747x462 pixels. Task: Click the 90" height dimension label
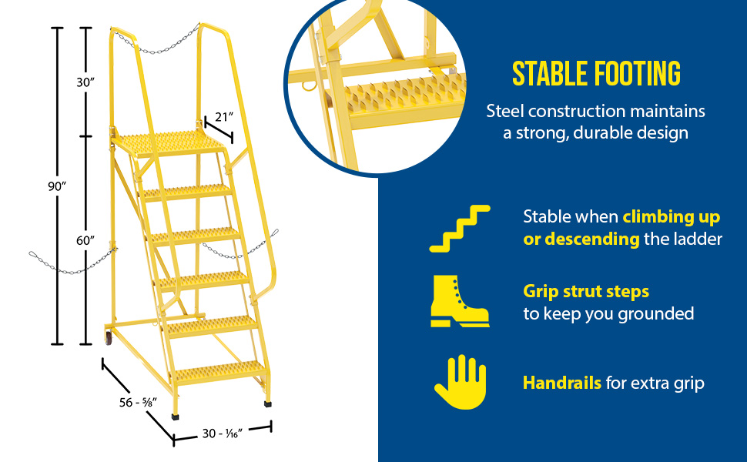(x=57, y=186)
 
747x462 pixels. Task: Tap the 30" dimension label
(x=85, y=82)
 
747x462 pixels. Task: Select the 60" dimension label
(x=85, y=240)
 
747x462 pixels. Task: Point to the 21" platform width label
(x=224, y=117)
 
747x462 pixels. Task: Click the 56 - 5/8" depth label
(x=138, y=403)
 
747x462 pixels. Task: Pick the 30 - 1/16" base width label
(x=223, y=434)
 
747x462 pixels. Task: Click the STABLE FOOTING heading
(x=597, y=74)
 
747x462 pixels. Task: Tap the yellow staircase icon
(x=460, y=229)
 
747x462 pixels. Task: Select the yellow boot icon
(x=460, y=301)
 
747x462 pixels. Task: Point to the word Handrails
(x=562, y=383)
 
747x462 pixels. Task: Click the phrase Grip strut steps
(x=586, y=292)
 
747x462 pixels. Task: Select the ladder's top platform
(x=168, y=143)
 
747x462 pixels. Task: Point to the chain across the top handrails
(x=156, y=43)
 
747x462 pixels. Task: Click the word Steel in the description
(x=505, y=112)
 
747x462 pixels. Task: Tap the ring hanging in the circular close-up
(x=309, y=85)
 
